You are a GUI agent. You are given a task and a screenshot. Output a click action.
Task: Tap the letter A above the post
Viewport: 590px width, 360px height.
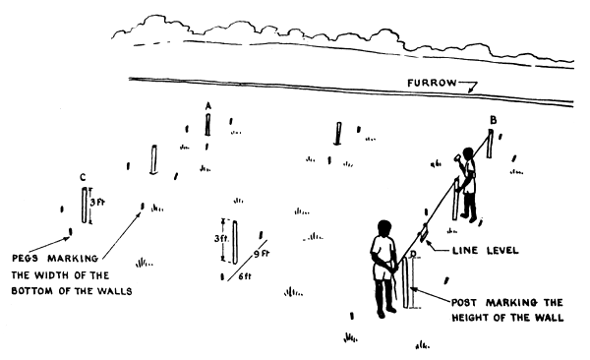point(207,104)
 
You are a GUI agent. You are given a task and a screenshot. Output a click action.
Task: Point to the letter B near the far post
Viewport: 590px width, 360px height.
point(493,120)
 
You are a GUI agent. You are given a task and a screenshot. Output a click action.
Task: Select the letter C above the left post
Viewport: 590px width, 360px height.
point(83,178)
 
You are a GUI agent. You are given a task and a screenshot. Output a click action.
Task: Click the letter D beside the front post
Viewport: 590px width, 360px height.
point(413,255)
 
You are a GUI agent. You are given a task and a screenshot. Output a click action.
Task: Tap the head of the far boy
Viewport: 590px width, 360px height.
point(468,153)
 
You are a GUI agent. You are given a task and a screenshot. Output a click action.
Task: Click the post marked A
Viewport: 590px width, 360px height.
point(207,124)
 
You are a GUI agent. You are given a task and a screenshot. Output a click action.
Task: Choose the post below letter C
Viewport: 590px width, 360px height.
point(84,205)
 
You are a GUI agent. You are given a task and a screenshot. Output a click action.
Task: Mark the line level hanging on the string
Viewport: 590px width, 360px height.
point(425,232)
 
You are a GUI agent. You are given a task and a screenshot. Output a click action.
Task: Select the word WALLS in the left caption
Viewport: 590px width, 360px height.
point(116,291)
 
